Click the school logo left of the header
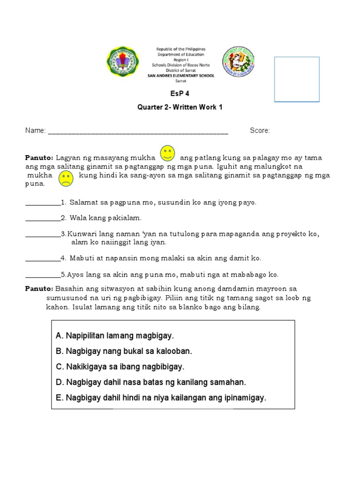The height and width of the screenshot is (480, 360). tap(123, 62)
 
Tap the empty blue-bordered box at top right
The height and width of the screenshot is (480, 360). tap(297, 79)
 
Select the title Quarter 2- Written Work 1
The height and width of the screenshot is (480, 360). tap(180, 107)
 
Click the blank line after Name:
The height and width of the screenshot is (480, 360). tap(138, 131)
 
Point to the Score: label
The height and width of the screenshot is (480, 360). tap(260, 131)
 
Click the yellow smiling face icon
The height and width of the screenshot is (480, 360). tap(167, 153)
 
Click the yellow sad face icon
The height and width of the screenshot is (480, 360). tap(66, 178)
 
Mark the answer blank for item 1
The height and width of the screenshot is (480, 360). tap(42, 203)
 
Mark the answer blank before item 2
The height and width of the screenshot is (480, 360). tap(42, 218)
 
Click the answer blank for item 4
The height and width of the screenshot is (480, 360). tap(42, 258)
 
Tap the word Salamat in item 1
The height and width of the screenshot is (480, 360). tap(82, 202)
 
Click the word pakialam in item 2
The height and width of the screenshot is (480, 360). tap(126, 218)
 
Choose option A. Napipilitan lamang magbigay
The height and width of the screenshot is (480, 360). tap(114, 336)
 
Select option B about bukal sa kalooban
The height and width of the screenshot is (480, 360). tap(124, 351)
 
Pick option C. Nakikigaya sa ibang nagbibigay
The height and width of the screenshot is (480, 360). tap(120, 367)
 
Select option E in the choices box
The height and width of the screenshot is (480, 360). tap(160, 397)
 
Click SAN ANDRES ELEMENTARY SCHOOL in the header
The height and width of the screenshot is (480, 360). tap(180, 75)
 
